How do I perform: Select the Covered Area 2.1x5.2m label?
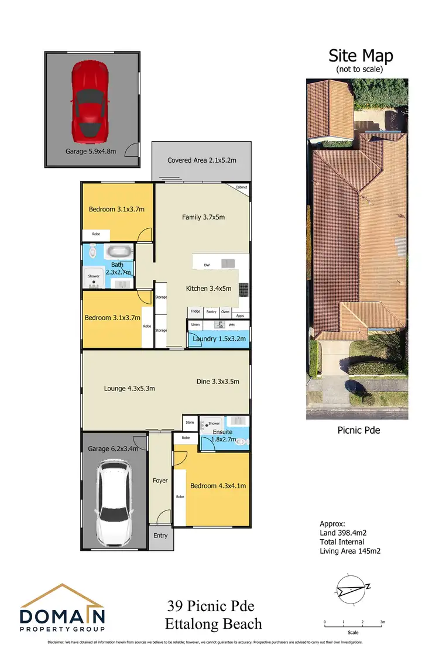[201, 160]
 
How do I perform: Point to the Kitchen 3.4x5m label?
[208, 289]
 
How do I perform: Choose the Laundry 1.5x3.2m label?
[215, 339]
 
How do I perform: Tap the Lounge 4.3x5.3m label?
[129, 387]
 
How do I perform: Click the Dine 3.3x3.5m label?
[218, 382]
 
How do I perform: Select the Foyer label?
[160, 481]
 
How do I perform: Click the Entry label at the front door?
[160, 536]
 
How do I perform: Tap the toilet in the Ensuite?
[240, 444]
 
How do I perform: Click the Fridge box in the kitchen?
[195, 312]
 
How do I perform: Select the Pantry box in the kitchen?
[211, 312]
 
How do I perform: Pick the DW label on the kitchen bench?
[207, 265]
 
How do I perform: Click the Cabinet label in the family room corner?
[241, 187]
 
